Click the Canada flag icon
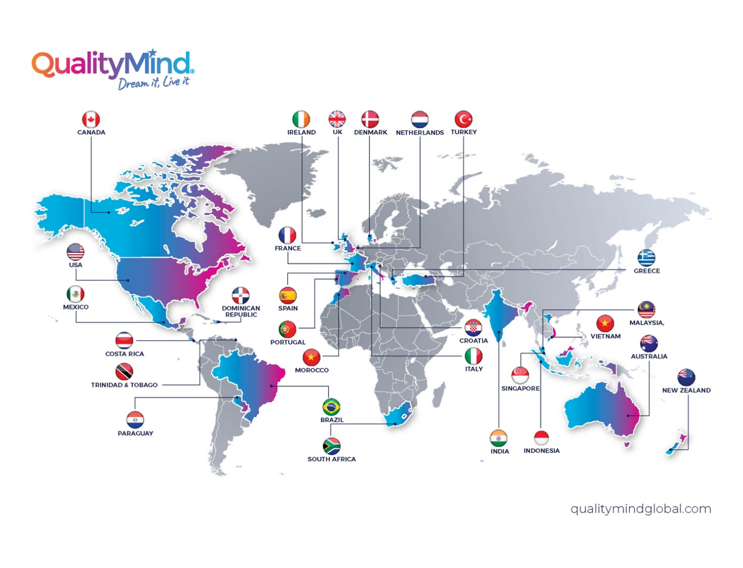tap(91, 119)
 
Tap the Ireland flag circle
tap(301, 119)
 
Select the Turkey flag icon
tap(464, 119)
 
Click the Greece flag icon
tap(646, 258)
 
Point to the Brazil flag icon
tap(332, 407)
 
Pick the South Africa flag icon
tap(332, 446)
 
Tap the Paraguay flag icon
tap(135, 420)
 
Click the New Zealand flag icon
tap(686, 377)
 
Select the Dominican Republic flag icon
tap(240, 295)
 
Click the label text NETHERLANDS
tap(420, 133)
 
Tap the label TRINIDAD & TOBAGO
tap(124, 385)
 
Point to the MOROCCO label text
tap(312, 370)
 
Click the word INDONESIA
tap(541, 451)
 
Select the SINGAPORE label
tap(520, 389)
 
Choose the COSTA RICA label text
tap(124, 354)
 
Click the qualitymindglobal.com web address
tap(640, 509)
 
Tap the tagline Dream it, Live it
tap(153, 83)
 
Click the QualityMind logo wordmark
tap(113, 65)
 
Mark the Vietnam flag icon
tap(605, 323)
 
